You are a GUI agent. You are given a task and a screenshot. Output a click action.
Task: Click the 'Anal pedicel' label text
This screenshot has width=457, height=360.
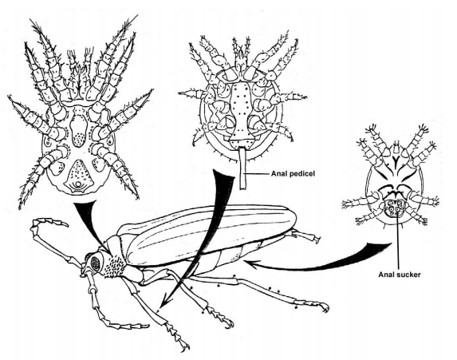point(293,174)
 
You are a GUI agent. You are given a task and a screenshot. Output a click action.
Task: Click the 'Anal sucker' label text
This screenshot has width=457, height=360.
point(400,275)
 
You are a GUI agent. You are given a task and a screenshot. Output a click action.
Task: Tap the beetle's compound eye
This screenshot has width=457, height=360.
point(95,263)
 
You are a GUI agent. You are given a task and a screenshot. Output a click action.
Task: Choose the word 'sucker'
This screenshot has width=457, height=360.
point(409,275)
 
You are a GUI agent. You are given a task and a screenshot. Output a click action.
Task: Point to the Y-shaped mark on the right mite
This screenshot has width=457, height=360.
point(396,160)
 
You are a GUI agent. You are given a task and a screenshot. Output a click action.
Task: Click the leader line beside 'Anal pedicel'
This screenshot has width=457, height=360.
point(258,174)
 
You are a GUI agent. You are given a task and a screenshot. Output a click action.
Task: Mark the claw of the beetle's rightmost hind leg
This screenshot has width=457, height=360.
point(325,307)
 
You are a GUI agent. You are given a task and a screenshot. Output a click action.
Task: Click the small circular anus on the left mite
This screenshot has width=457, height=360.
point(77,184)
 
